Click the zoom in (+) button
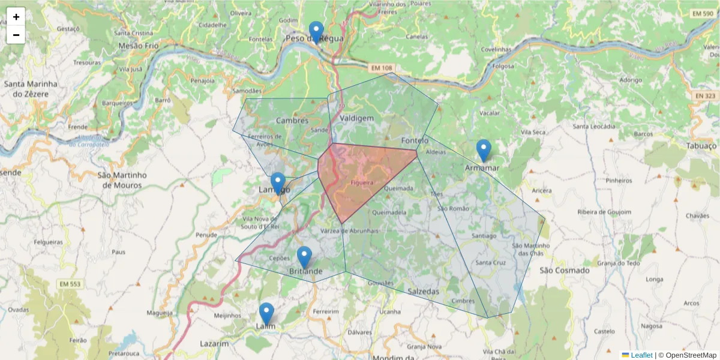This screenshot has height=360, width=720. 16,17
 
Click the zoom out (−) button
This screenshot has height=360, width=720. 16,35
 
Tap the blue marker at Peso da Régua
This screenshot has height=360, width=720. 316,31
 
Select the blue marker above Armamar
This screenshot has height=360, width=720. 484,150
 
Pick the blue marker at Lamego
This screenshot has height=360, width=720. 278,182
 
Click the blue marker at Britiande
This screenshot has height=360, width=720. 304,257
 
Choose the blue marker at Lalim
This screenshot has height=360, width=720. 266,313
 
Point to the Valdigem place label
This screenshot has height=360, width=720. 356,119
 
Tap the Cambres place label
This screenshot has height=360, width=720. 292,121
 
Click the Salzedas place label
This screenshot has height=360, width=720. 423,291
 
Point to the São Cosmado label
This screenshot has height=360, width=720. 565,271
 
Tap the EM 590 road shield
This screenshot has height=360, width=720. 702,13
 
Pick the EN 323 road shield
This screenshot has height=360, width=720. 705,95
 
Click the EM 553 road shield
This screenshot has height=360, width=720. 70,283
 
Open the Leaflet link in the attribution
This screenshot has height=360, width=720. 641,355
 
